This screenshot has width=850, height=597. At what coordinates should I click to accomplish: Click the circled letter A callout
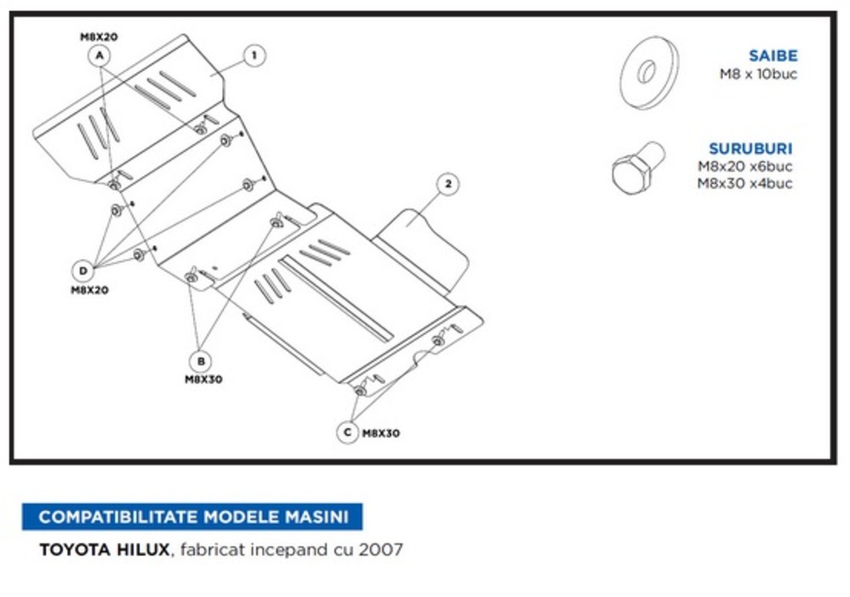pyautogui.click(x=99, y=56)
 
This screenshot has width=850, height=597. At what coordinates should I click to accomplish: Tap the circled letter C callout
pyautogui.click(x=347, y=432)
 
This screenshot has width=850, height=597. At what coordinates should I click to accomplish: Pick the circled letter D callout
pyautogui.click(x=83, y=271)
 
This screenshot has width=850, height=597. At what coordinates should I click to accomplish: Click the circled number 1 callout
pyautogui.click(x=253, y=56)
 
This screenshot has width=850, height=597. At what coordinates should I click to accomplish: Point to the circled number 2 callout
pyautogui.click(x=449, y=183)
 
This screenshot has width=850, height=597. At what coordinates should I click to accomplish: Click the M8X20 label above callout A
pyautogui.click(x=99, y=37)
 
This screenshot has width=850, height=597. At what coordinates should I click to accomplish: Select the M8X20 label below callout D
pyautogui.click(x=89, y=290)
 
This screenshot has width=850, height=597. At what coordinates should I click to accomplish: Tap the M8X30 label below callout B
pyautogui.click(x=203, y=379)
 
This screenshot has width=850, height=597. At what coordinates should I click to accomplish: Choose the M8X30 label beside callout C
pyautogui.click(x=381, y=433)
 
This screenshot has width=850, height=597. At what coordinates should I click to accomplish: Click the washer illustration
pyautogui.click(x=649, y=71)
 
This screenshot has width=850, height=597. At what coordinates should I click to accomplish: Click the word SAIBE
pyautogui.click(x=773, y=56)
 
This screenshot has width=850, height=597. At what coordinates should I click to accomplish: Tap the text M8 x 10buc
pyautogui.click(x=759, y=73)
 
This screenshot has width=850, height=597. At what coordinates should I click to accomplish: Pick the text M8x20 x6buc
pyautogui.click(x=745, y=167)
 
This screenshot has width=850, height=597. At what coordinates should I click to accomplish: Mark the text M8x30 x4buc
pyautogui.click(x=745, y=183)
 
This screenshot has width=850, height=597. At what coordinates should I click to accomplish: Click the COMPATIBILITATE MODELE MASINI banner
pyautogui.click(x=192, y=516)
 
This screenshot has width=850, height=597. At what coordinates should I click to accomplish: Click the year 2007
pyautogui.click(x=381, y=549)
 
